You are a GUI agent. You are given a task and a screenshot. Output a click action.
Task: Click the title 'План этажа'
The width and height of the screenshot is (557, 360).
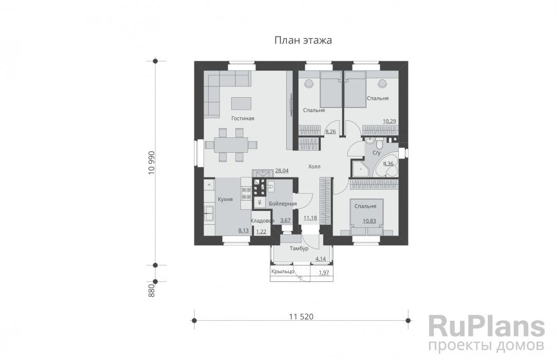point(303,40)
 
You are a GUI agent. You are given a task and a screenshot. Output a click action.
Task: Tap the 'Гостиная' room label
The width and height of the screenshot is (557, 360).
point(243,118)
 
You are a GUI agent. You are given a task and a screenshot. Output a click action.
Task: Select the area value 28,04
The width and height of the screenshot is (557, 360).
point(282,171)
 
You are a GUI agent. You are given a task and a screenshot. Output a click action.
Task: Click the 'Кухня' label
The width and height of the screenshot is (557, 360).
point(225,200)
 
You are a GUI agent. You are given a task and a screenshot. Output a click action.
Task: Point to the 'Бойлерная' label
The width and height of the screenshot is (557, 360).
point(283,204)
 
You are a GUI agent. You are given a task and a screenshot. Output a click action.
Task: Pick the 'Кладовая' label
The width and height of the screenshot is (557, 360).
point(263,221)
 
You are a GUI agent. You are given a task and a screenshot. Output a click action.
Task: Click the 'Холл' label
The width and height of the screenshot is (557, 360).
point(314,166)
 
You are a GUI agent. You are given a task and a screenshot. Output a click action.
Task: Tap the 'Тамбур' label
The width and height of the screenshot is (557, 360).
point(299,249)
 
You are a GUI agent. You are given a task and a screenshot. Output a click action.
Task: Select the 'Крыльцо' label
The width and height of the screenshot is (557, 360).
point(283,272)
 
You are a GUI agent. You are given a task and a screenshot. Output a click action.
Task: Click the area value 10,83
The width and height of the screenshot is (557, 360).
point(369,221)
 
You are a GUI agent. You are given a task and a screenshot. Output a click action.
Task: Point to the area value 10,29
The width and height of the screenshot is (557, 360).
point(389,121)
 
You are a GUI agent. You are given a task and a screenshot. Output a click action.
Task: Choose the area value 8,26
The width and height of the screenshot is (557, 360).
point(330,132)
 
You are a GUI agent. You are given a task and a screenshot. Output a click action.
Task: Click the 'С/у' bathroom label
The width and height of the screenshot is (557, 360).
point(376,153)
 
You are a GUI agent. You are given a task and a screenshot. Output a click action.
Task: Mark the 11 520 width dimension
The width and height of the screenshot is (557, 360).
point(301,316)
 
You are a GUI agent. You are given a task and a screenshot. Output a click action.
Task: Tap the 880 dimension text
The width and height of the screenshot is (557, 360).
point(152,291)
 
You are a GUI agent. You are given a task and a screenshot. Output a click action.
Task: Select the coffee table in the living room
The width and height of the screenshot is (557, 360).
point(241,103)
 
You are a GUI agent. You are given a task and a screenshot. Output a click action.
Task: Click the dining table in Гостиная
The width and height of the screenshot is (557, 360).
point(231,145)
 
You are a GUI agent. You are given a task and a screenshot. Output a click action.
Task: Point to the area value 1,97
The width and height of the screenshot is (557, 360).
point(324,273)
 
